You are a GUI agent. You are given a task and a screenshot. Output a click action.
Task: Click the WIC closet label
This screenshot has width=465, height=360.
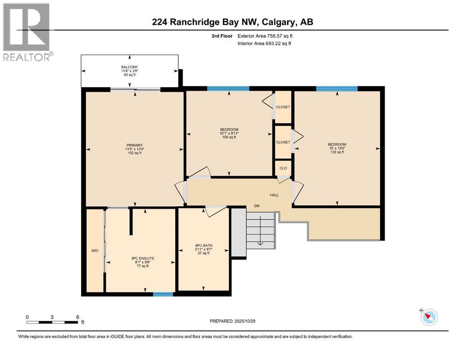click(x=95, y=250)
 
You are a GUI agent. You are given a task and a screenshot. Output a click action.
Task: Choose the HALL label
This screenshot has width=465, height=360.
click(x=274, y=195)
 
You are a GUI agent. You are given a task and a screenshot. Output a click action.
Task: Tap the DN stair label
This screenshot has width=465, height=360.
click(x=257, y=206)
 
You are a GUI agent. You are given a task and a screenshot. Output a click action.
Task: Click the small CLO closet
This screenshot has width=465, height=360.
click(x=283, y=168)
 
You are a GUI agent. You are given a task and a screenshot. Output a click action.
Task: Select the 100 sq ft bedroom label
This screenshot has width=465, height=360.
click(x=229, y=133)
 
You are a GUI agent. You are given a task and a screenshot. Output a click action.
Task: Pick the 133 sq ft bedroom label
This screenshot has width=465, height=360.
click(x=337, y=148)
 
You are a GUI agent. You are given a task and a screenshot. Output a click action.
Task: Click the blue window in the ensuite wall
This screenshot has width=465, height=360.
click(x=163, y=294)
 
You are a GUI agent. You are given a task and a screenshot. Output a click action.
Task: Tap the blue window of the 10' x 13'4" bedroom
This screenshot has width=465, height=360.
click(x=336, y=89)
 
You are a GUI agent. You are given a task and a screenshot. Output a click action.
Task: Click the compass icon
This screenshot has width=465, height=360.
click(x=428, y=317)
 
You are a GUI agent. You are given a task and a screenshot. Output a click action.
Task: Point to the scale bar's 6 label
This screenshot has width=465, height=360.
click(x=77, y=317)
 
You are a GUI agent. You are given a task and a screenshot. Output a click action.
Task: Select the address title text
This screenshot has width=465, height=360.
click(x=232, y=22)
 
